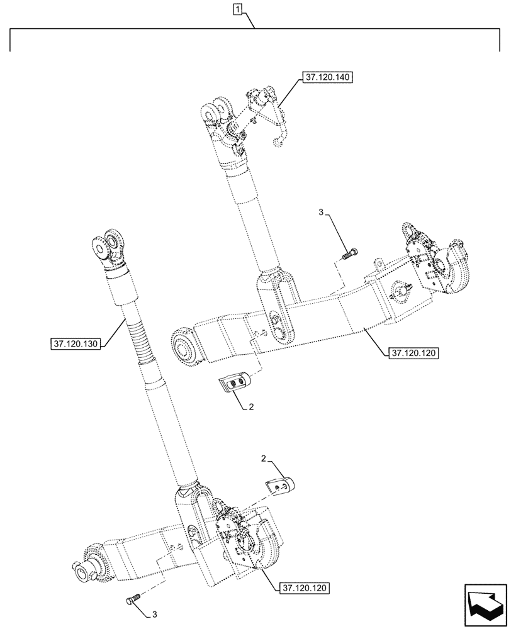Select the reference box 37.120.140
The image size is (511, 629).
327,78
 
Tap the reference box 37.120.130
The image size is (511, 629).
74,343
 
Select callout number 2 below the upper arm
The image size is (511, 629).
251,407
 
